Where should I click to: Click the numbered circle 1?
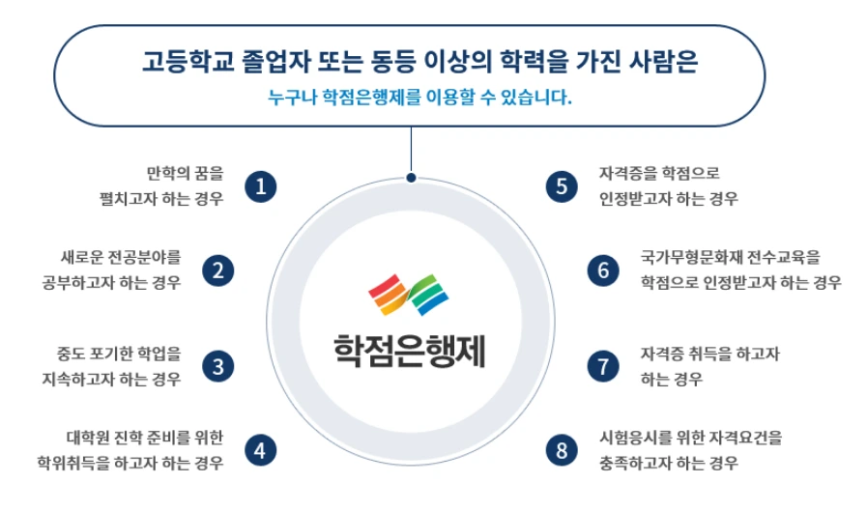(260, 186)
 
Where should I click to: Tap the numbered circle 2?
(218, 270)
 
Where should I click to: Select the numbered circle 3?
(218, 366)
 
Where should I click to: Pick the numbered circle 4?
(260, 449)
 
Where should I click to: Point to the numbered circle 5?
(561, 186)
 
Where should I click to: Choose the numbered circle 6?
(603, 270)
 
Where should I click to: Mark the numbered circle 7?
(603, 366)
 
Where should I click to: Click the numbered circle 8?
(561, 449)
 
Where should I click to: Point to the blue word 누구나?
(291, 98)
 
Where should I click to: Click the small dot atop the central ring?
(411, 178)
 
